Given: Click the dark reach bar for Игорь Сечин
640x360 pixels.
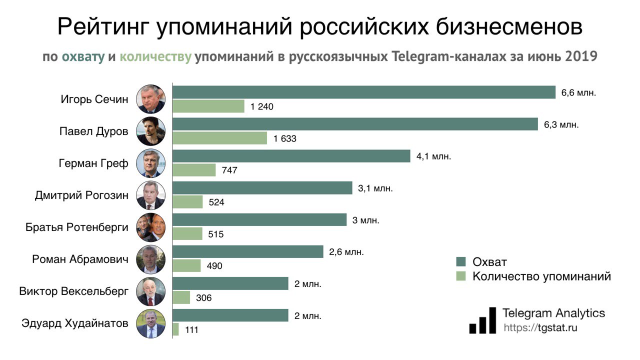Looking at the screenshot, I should pyautogui.click(x=364, y=92).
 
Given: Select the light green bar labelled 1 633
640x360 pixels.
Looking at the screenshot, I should pyautogui.click(x=220, y=138).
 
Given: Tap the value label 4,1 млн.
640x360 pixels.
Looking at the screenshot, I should pyautogui.click(x=433, y=156).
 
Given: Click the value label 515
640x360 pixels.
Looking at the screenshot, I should pyautogui.click(x=216, y=234).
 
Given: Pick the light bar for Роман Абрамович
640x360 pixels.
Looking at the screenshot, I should pyautogui.click(x=186, y=265).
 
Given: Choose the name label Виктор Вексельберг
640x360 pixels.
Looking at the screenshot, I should pyautogui.click(x=73, y=291).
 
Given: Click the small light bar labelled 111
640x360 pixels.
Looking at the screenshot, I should pyautogui.click(x=176, y=329).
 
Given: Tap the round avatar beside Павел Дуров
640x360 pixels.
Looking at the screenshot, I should pyautogui.click(x=150, y=131).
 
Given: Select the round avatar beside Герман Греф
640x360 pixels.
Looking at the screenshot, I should pyautogui.click(x=150, y=163).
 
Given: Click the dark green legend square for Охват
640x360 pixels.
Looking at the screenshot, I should pyautogui.click(x=460, y=262).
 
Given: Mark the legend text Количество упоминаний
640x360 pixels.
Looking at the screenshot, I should pyautogui.click(x=541, y=276).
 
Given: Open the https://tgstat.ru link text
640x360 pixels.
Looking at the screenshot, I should pyautogui.click(x=540, y=328).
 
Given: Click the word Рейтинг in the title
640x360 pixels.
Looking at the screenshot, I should pyautogui.click(x=103, y=27).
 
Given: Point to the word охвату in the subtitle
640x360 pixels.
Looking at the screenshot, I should pyautogui.click(x=83, y=56).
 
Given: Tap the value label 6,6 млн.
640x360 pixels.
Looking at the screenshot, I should pyautogui.click(x=579, y=92).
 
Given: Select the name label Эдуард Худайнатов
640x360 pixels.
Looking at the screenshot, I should pyautogui.click(x=75, y=323).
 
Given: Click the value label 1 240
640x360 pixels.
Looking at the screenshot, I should pyautogui.click(x=263, y=106).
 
